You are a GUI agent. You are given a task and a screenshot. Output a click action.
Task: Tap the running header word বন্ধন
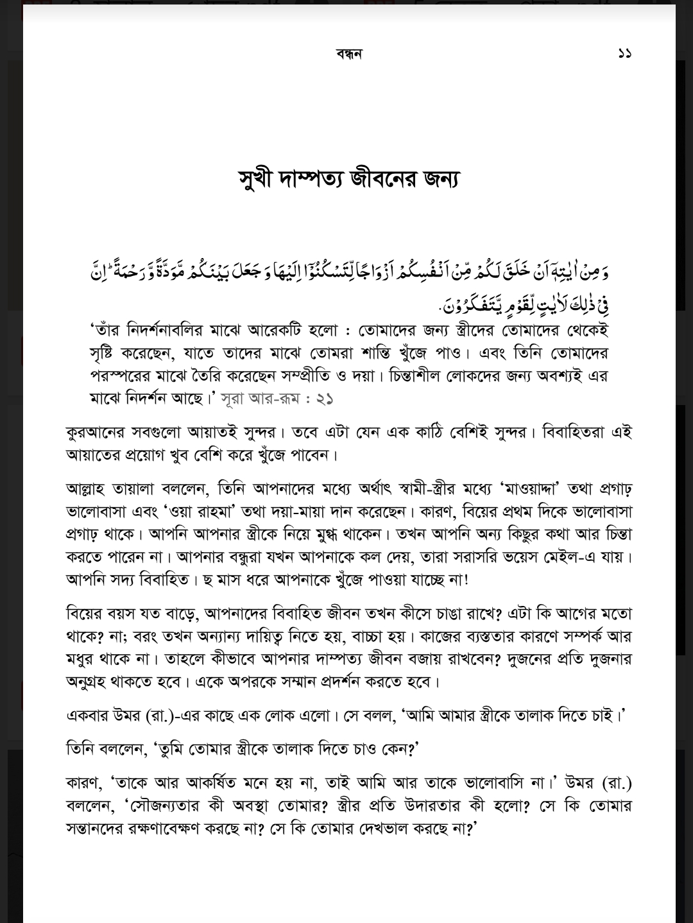coord(348,53)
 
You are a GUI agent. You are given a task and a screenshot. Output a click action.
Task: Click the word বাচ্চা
coord(381,636)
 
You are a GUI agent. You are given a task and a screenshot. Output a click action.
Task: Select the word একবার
coord(88,716)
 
